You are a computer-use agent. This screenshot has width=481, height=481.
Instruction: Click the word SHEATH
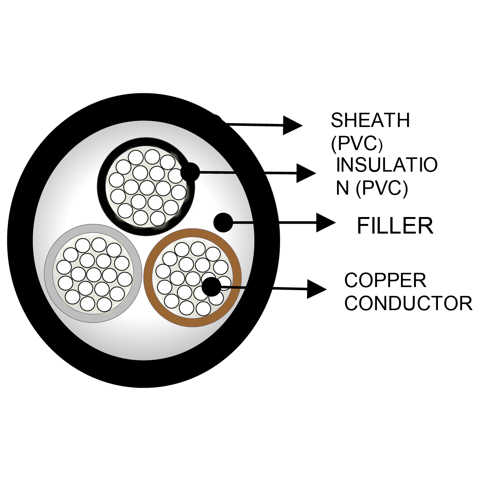(370, 120)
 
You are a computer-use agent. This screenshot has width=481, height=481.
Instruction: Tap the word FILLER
(395, 225)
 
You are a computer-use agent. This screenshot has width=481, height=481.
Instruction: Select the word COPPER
(385, 281)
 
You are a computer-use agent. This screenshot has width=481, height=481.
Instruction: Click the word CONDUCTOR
(408, 304)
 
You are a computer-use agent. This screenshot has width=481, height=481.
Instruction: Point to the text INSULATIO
(387, 165)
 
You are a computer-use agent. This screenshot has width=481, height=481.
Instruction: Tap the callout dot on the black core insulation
(190, 172)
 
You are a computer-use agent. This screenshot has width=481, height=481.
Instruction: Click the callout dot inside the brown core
(211, 286)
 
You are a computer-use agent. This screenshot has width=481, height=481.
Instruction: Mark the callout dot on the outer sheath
(217, 120)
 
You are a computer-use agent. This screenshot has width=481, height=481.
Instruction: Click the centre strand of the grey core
(94, 274)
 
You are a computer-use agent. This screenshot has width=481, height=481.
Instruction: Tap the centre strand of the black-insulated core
(147, 187)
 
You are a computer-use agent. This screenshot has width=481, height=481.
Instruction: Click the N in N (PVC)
(342, 188)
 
